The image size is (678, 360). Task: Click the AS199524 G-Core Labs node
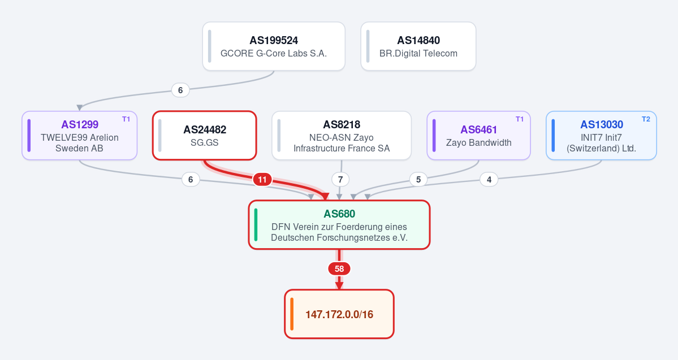(x=274, y=46)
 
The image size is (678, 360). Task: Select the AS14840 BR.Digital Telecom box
(x=418, y=46)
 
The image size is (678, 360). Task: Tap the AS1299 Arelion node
(x=80, y=136)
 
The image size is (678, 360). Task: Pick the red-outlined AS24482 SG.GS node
(x=205, y=136)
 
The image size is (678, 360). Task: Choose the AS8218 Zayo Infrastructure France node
(x=342, y=136)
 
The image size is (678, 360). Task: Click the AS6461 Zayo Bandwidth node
(x=478, y=136)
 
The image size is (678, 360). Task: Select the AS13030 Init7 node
(x=601, y=136)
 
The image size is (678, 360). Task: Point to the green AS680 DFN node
(x=339, y=225)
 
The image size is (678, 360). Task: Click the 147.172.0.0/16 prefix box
(x=339, y=314)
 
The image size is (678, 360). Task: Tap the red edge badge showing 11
(x=262, y=179)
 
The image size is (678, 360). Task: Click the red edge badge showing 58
(x=339, y=269)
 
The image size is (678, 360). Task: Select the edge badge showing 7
(x=340, y=179)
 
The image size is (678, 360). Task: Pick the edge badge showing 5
(x=418, y=179)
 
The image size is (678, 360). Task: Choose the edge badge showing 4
(x=489, y=179)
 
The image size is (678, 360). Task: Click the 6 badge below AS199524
(x=180, y=90)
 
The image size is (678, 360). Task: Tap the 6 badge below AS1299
(x=191, y=179)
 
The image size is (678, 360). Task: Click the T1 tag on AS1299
(x=126, y=119)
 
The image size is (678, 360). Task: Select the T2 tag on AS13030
(x=646, y=119)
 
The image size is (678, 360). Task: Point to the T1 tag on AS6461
(x=520, y=119)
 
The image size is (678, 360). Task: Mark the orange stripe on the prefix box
(x=292, y=314)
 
